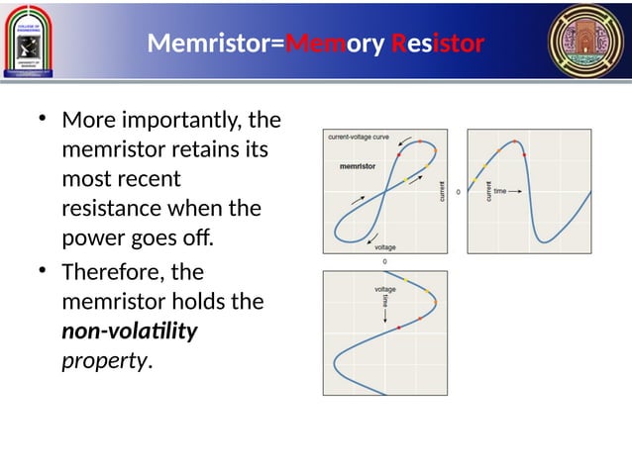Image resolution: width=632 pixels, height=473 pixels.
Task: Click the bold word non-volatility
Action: (130, 331)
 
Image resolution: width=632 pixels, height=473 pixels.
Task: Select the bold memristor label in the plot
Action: (356, 166)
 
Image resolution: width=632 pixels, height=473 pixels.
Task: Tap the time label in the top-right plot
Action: (502, 192)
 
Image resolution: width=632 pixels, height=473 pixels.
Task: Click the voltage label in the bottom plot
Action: (384, 289)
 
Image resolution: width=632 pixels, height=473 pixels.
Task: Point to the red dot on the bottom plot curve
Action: (398, 326)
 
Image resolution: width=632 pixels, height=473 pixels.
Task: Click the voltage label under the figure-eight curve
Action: (385, 246)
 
